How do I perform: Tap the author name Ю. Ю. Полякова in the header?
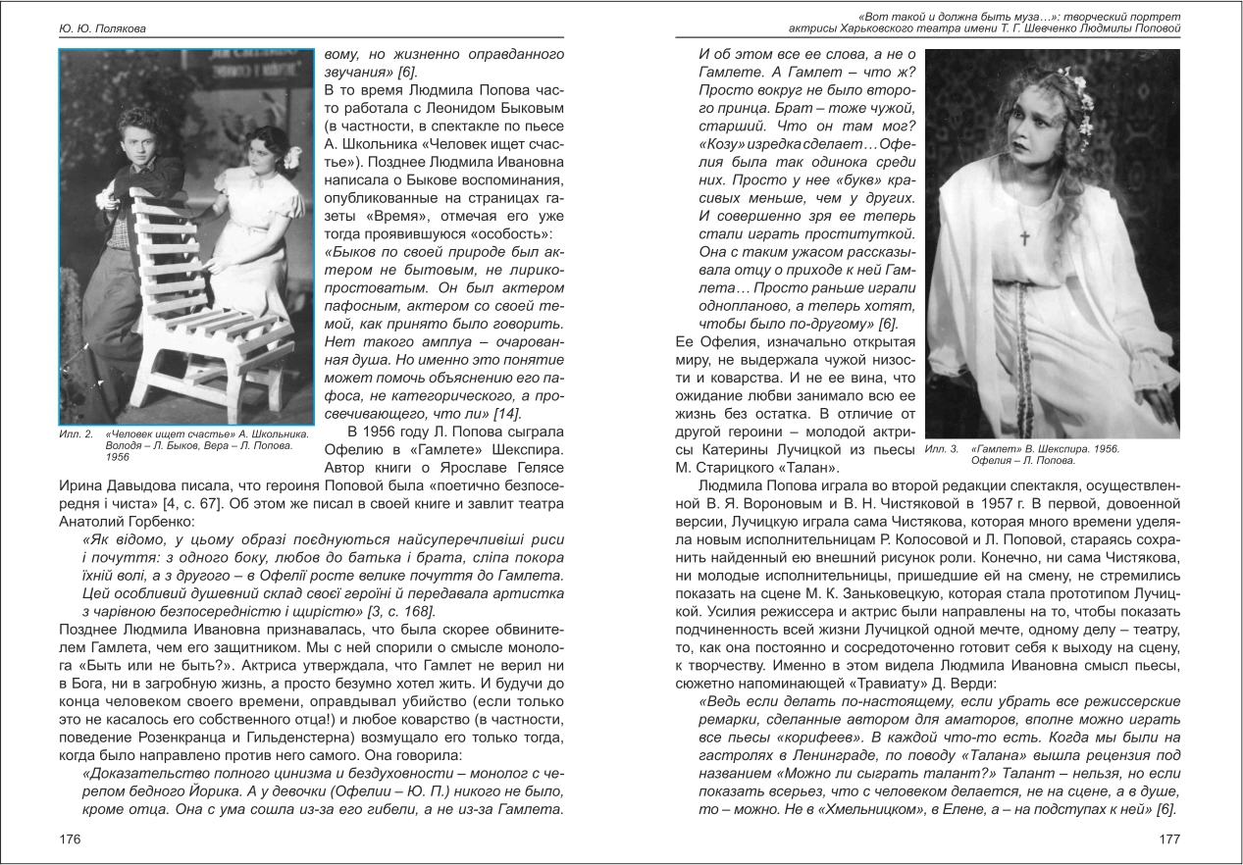(102, 28)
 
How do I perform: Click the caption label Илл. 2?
(75, 433)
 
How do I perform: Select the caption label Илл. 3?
(941, 449)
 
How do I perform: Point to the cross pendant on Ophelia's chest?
(1023, 236)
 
